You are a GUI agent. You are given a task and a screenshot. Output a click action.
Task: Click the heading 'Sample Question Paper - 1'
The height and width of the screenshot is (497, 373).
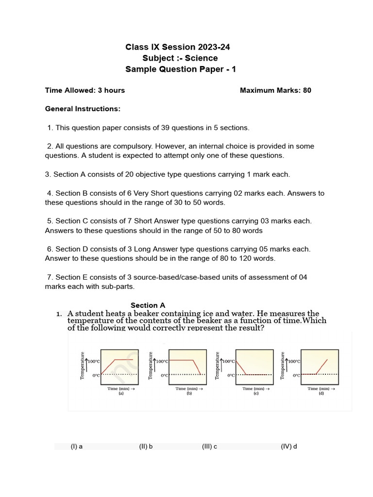coord(181,69)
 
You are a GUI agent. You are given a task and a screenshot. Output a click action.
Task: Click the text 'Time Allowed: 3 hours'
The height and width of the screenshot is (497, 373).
coord(85,90)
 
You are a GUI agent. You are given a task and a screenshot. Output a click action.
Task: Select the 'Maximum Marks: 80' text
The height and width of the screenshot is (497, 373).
coord(275,90)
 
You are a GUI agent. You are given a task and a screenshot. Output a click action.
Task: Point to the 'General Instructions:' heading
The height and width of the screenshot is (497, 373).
coord(83,109)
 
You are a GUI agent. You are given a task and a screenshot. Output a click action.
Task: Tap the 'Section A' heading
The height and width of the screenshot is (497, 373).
coord(148,305)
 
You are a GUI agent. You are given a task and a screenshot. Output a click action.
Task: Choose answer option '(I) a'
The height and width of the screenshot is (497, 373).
coord(76,447)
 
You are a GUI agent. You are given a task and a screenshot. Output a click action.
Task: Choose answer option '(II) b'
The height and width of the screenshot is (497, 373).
coord(146,447)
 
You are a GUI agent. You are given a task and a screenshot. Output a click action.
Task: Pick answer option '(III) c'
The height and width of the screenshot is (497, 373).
coord(209,447)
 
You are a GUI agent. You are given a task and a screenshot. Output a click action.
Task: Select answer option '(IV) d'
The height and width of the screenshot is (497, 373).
coord(288,447)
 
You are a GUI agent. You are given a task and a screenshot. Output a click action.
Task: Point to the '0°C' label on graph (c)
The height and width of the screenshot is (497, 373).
coord(230,375)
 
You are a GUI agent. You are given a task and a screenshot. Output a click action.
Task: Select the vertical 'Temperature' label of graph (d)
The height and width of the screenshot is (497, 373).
coord(283,365)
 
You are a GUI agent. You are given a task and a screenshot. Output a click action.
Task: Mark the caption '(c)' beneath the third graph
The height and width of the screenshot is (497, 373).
coord(255,394)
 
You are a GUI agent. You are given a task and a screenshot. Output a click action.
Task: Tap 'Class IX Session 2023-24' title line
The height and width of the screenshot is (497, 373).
coord(178,47)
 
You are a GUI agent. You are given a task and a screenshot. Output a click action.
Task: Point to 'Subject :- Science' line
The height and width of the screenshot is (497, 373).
coord(180,58)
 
